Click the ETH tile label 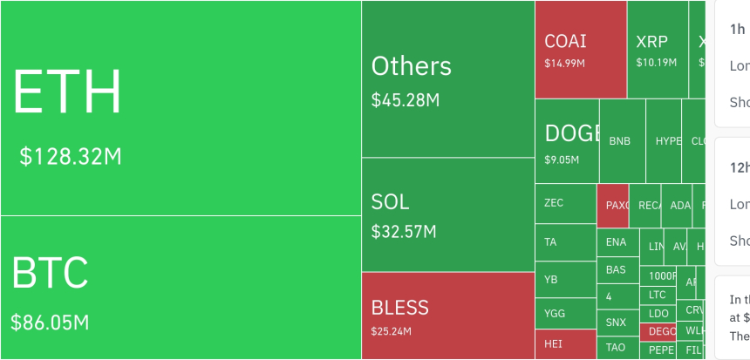67,92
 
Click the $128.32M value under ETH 71,157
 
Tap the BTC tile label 50,273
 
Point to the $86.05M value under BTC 50,322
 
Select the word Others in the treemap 412,66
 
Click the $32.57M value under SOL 404,232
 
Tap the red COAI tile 581,49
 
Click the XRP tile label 651,42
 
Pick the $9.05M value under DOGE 561,160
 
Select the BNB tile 620,141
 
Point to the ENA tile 616,242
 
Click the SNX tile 616,323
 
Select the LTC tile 658,295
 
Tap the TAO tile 616,347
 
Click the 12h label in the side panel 739,166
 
